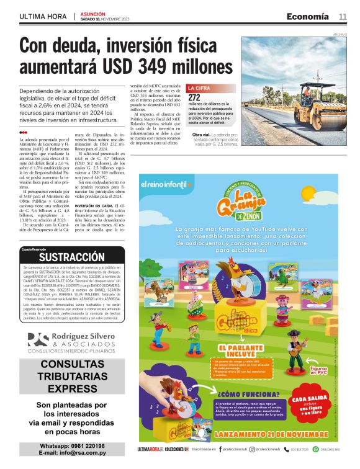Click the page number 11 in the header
coord(342,16)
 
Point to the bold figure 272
coord(194,98)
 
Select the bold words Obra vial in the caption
coord(201,135)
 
